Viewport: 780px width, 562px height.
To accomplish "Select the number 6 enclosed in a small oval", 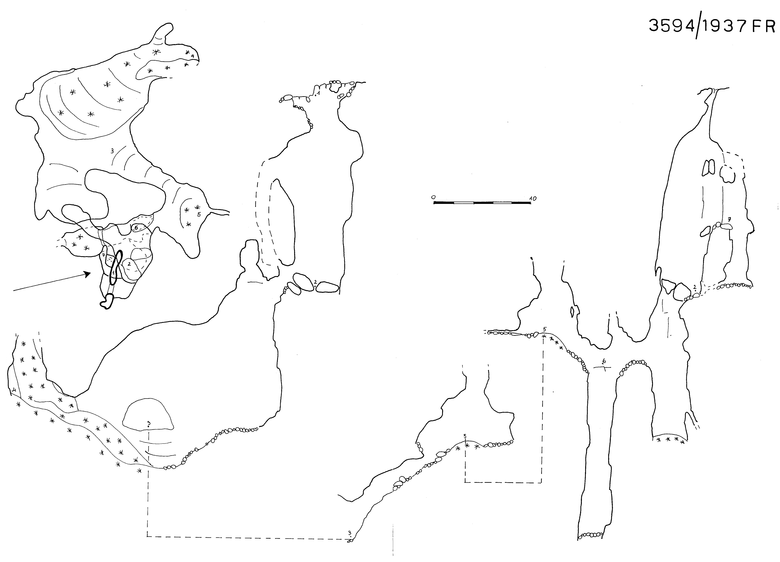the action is tap(136, 228).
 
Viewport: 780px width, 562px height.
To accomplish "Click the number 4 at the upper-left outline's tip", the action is tap(193, 56).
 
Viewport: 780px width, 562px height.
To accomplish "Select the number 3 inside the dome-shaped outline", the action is tap(148, 423).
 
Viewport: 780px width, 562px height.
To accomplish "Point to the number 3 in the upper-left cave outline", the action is tap(112, 151).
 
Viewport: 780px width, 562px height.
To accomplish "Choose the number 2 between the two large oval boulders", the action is tap(315, 282).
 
